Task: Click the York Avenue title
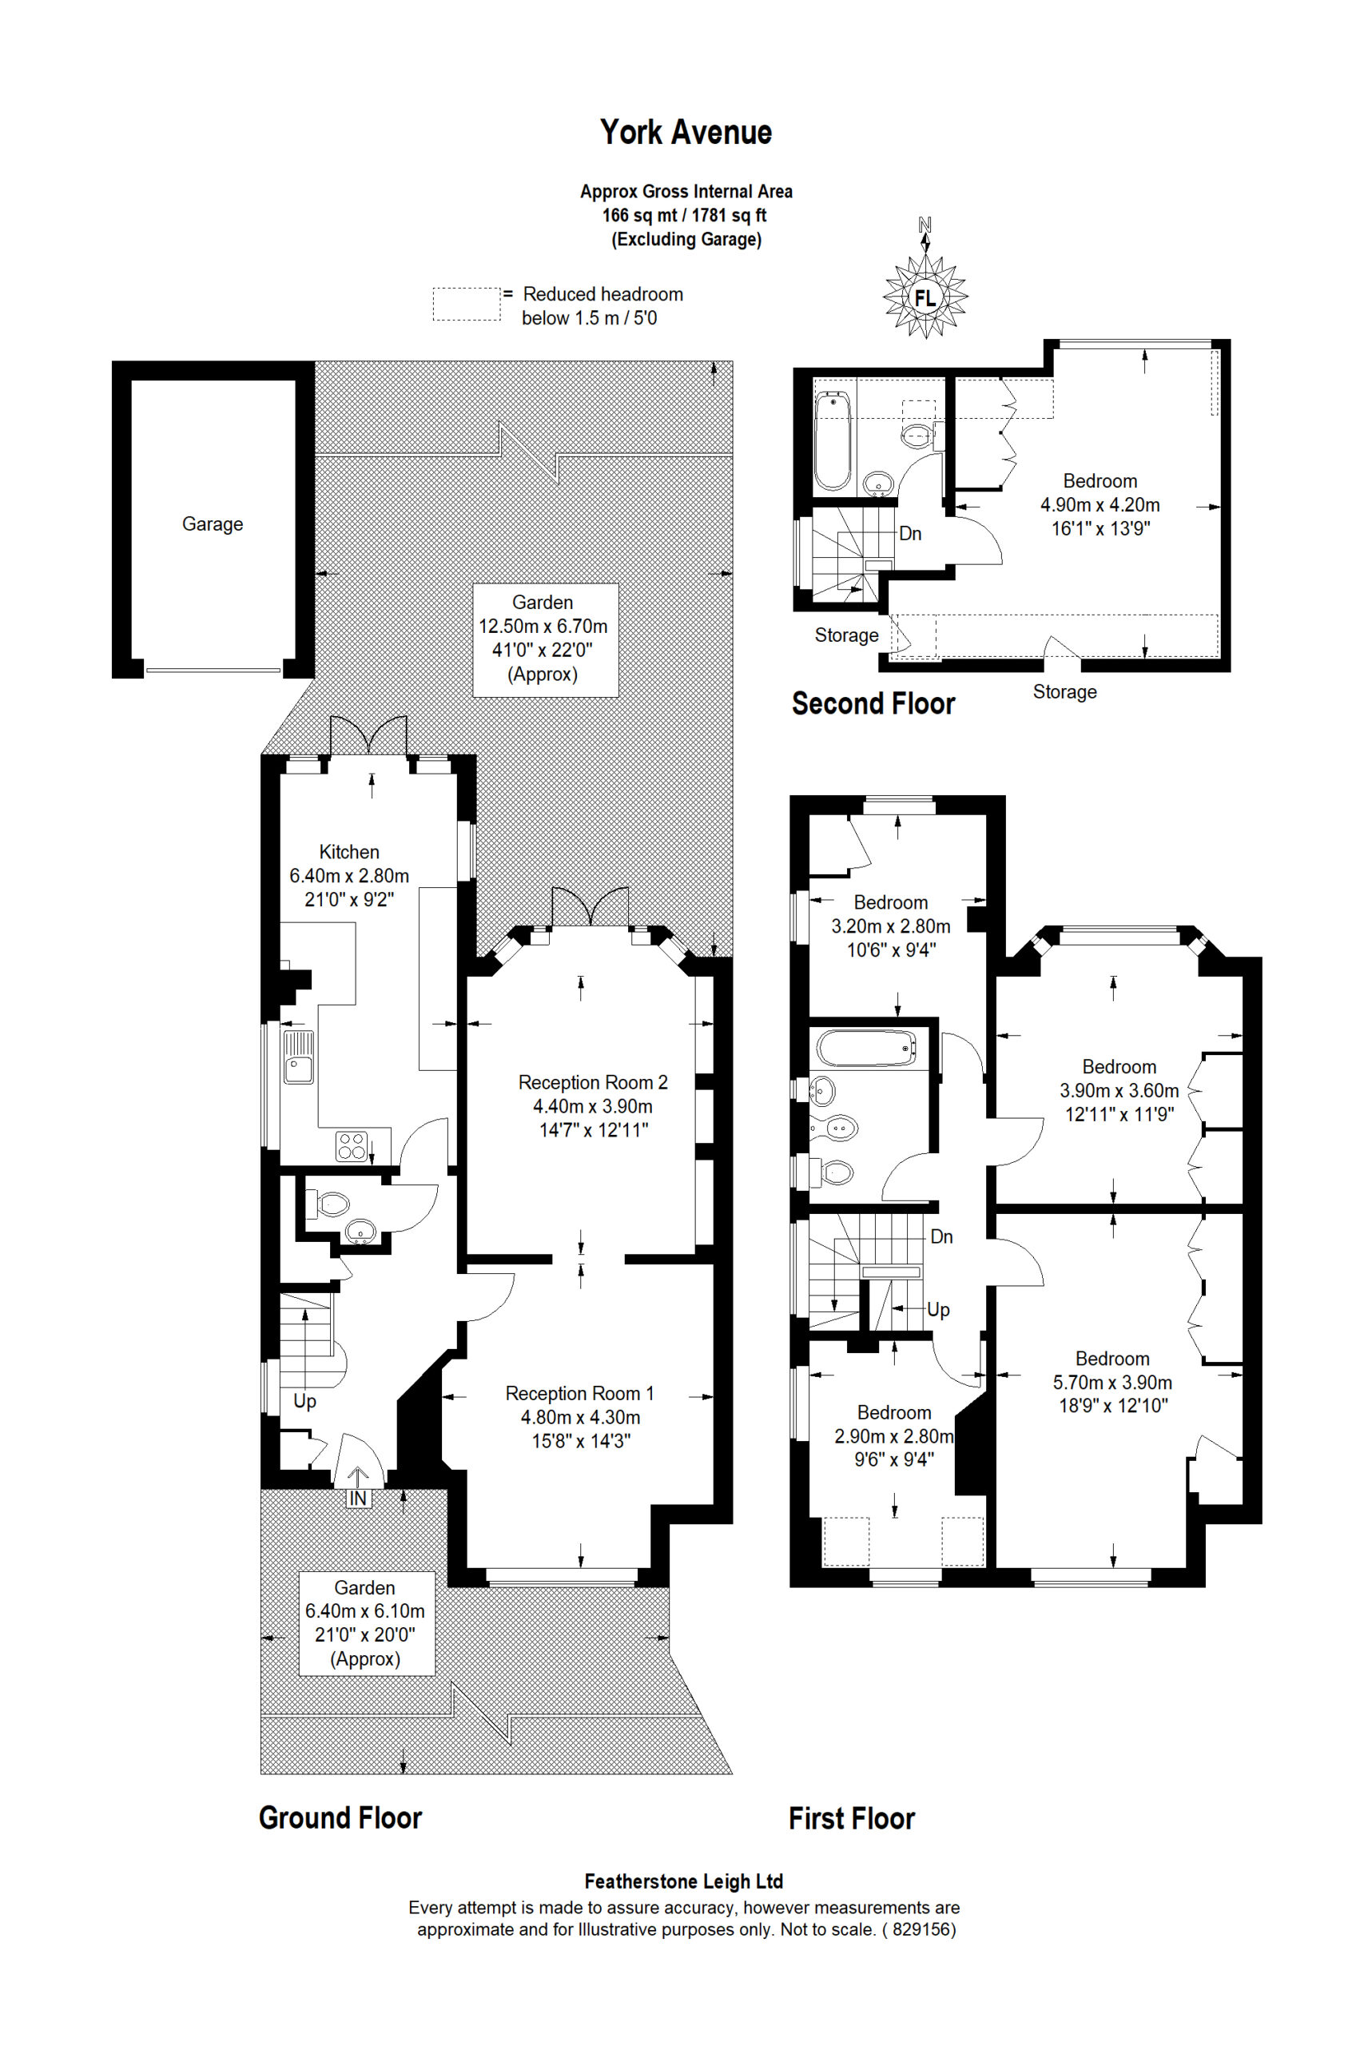[x=686, y=132]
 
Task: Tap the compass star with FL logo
[x=925, y=297]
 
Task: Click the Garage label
[x=213, y=523]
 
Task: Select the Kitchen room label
[x=349, y=852]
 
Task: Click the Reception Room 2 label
[x=593, y=1082]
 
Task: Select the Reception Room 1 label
[x=579, y=1393]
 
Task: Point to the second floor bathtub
[x=833, y=440]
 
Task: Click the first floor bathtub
[x=867, y=1049]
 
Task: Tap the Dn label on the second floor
[x=910, y=533]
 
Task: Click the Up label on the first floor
[x=938, y=1309]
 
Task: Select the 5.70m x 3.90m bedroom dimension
[x=1112, y=1383]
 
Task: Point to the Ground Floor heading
[x=340, y=1817]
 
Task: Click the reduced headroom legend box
[x=467, y=305]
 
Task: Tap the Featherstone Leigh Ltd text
[x=684, y=1881]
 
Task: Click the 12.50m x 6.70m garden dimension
[x=543, y=626]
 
